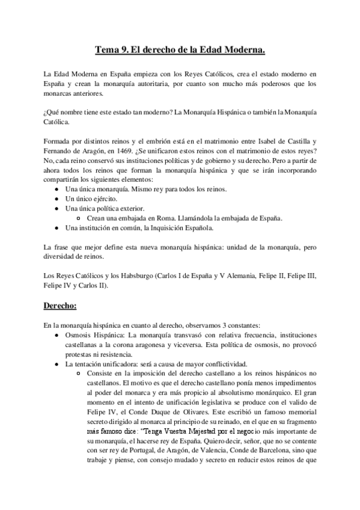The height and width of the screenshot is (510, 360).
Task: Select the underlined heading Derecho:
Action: (61, 306)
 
